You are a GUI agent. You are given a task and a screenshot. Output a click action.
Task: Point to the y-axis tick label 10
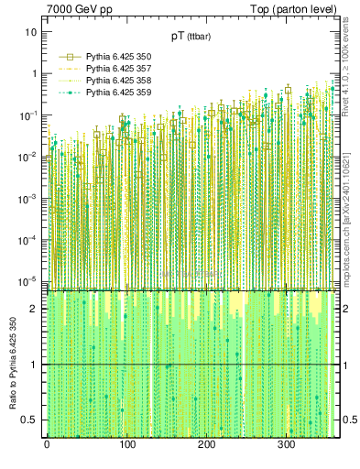(x=31, y=32)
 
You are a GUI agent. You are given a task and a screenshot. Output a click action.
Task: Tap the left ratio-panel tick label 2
(x=34, y=309)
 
